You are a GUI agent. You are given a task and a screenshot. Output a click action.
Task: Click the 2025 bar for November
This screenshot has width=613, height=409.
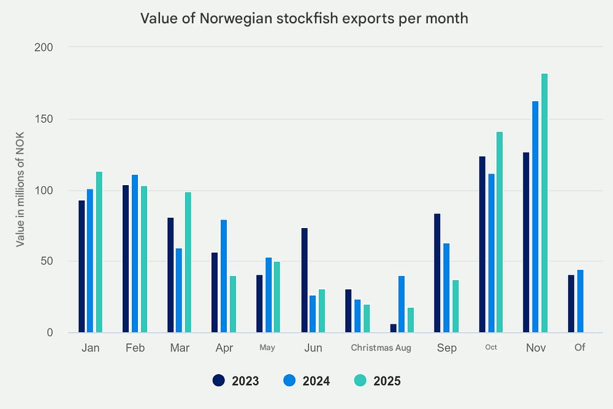[544, 203]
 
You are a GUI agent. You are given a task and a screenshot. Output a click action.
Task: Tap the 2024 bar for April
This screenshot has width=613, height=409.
[224, 276]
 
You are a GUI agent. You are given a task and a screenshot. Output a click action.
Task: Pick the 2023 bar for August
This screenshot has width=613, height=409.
[394, 328]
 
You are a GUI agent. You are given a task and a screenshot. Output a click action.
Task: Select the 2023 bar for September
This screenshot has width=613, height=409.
[437, 273]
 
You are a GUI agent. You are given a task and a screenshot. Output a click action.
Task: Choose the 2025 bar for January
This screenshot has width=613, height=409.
[99, 252]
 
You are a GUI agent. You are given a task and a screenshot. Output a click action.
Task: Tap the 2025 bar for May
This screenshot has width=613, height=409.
[276, 297]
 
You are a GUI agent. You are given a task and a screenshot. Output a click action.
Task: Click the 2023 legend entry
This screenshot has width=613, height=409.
[236, 381]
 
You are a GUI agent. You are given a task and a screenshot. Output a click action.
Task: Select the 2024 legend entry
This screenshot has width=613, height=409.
[307, 381]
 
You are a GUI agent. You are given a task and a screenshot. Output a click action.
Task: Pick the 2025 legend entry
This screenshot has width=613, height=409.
[378, 381]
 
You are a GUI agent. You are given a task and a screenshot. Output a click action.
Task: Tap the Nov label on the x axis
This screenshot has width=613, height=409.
[536, 348]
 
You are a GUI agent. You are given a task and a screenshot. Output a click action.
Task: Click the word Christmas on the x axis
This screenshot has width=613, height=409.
[371, 348]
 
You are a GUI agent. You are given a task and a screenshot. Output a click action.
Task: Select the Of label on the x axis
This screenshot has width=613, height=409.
[580, 347]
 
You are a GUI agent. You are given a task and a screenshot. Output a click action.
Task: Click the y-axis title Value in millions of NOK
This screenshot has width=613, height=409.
[20, 190]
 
